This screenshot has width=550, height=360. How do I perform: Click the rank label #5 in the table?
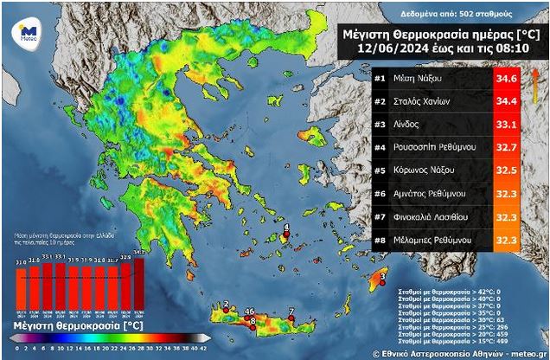pyautogui.click(x=381, y=169)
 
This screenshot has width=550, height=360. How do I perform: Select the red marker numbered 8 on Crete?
pyautogui.click(x=253, y=324)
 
